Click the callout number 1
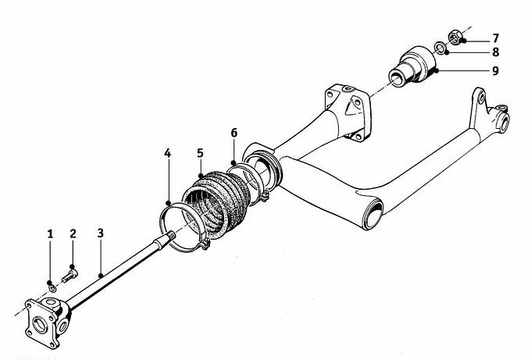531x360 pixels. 50,233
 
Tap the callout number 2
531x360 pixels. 73,233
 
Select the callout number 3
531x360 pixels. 100,233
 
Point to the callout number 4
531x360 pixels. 168,153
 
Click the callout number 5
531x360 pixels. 200,153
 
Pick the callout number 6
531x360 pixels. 234,133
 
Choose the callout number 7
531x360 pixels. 495,38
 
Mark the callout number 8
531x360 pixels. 495,52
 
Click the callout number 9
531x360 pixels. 495,71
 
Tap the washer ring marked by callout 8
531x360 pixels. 440,48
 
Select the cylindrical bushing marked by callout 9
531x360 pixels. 412,66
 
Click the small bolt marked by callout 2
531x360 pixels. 69,276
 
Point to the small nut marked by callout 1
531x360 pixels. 52,288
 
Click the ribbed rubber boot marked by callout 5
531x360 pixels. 217,201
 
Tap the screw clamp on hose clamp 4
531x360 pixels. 205,243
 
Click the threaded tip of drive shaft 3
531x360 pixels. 172,235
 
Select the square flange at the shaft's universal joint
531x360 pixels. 41,324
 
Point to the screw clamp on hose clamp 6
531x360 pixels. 265,197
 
